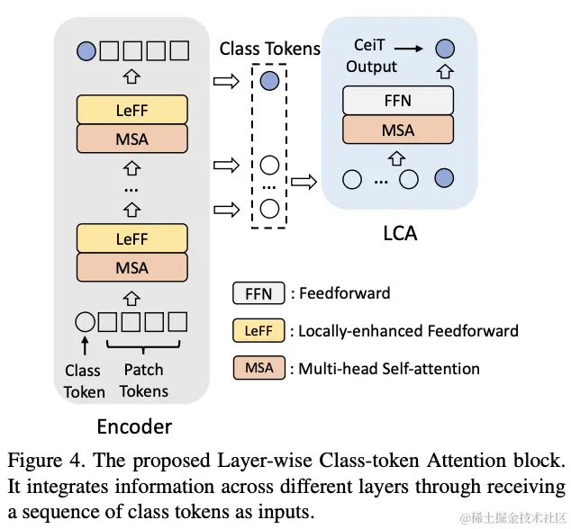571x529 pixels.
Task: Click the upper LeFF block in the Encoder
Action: tap(132, 110)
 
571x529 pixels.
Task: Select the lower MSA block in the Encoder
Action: tap(132, 268)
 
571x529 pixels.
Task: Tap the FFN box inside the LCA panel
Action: tap(397, 101)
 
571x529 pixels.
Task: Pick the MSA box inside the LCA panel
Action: tap(397, 130)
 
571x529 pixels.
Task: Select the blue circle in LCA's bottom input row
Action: tap(444, 179)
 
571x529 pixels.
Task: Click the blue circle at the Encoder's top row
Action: tap(86, 50)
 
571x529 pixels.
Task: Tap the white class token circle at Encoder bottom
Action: tap(86, 320)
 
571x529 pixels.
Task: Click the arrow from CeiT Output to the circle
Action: tap(412, 49)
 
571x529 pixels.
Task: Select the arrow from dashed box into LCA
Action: tap(306, 180)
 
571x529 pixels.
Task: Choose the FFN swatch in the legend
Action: tap(258, 293)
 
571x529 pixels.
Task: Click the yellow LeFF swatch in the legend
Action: tap(258, 330)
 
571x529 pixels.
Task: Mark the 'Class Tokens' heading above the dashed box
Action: tap(269, 49)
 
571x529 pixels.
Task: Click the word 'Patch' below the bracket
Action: tap(143, 370)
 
